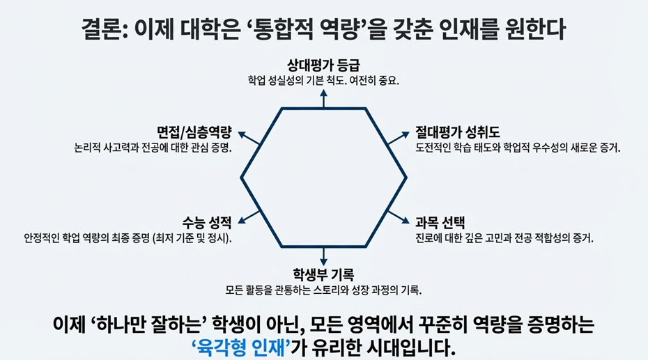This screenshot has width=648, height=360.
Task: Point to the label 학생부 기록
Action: point(324,274)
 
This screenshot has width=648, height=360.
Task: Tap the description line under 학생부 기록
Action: point(324,288)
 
